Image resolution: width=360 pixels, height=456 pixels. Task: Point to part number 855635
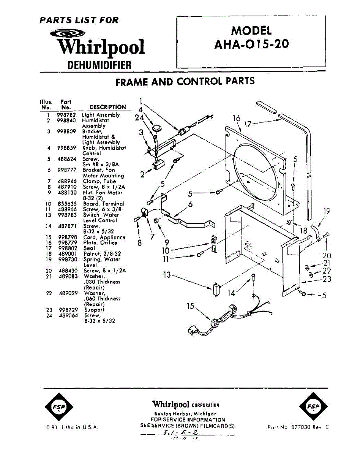click(66, 204)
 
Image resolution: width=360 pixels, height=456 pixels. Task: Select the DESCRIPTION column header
click(107, 107)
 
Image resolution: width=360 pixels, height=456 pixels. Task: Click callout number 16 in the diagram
click(237, 119)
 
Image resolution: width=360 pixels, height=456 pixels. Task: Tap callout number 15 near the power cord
click(191, 306)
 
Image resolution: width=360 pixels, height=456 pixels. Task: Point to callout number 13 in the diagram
click(167, 275)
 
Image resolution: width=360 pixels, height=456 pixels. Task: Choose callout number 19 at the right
click(327, 212)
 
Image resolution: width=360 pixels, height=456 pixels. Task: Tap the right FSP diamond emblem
click(312, 407)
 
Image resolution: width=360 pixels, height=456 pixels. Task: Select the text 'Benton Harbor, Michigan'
click(185, 414)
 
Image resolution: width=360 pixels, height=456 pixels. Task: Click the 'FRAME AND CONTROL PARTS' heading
click(185, 81)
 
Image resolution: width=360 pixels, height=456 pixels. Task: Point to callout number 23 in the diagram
click(327, 279)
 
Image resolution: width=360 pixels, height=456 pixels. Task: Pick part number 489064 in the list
click(66, 315)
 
